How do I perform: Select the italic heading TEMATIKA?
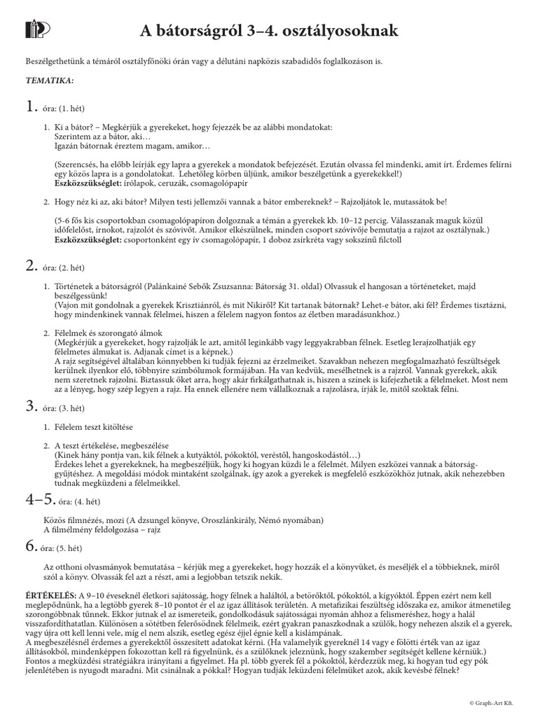pyautogui.click(x=50, y=81)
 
